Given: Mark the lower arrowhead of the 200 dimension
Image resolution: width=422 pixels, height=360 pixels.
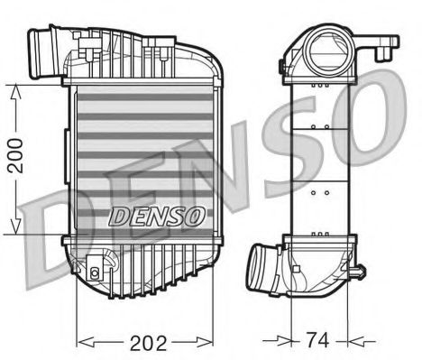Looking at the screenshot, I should (18, 229).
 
